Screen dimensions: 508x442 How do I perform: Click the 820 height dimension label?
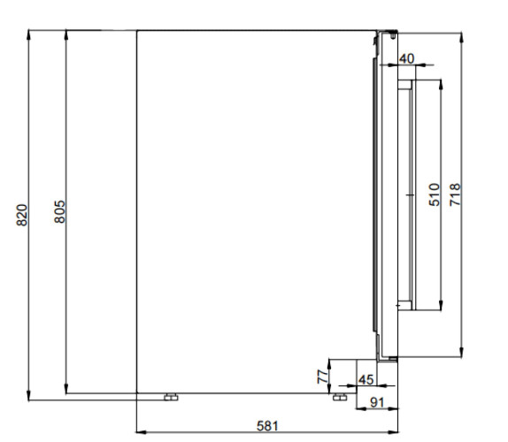[22, 215]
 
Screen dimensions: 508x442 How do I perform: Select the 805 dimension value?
[60, 212]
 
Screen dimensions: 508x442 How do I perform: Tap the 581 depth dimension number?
[267, 426]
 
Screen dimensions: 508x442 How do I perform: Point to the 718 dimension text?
[455, 194]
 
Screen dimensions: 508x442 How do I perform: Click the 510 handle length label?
[435, 194]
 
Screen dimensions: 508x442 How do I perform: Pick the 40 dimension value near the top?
[406, 59]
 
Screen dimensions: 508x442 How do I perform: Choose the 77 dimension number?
[323, 377]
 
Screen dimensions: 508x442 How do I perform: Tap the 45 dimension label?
[366, 380]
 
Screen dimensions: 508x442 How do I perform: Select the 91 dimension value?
[377, 402]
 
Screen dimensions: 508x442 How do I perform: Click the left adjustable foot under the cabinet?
[171, 397]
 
